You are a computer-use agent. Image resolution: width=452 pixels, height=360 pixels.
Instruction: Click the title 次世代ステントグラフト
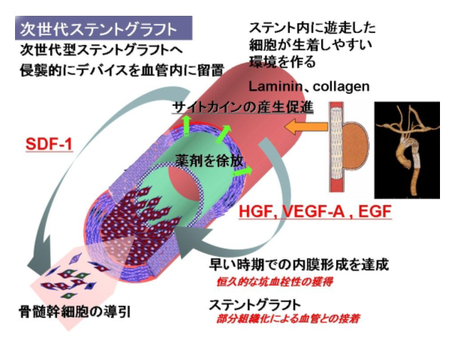[98, 30]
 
